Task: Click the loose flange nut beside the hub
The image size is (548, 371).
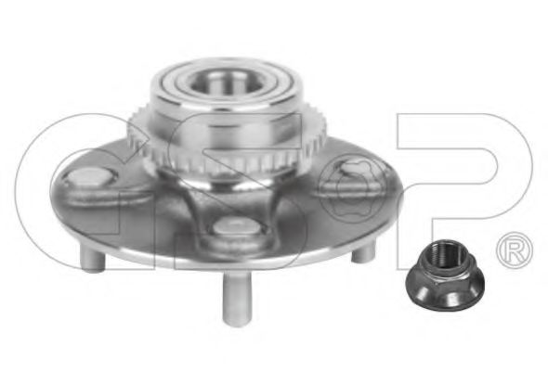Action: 445,275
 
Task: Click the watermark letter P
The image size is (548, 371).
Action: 464,191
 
